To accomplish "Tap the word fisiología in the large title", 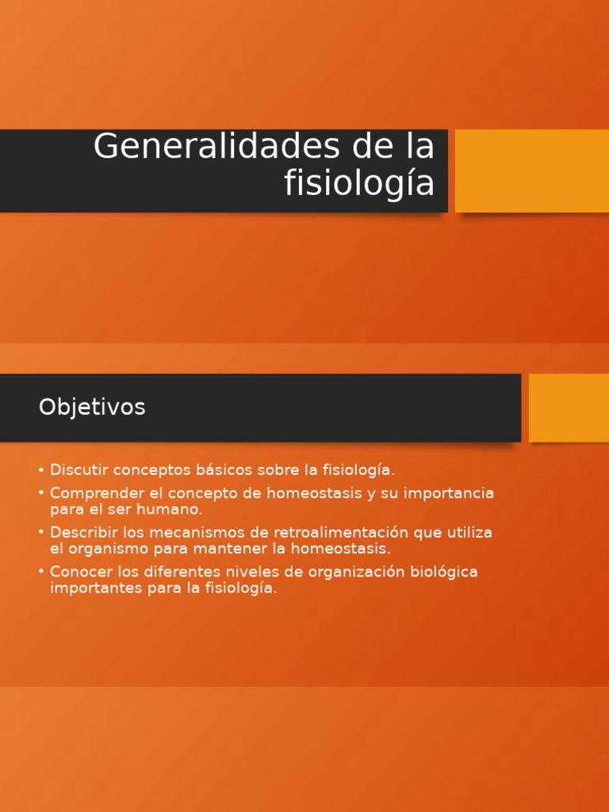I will tap(359, 184).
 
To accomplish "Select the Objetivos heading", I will tap(92, 408).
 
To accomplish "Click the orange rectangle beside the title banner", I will tap(531, 170).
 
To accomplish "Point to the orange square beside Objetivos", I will tap(569, 408).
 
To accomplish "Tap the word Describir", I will tap(84, 532).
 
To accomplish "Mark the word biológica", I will tap(441, 572).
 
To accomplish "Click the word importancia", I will tap(449, 493).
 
